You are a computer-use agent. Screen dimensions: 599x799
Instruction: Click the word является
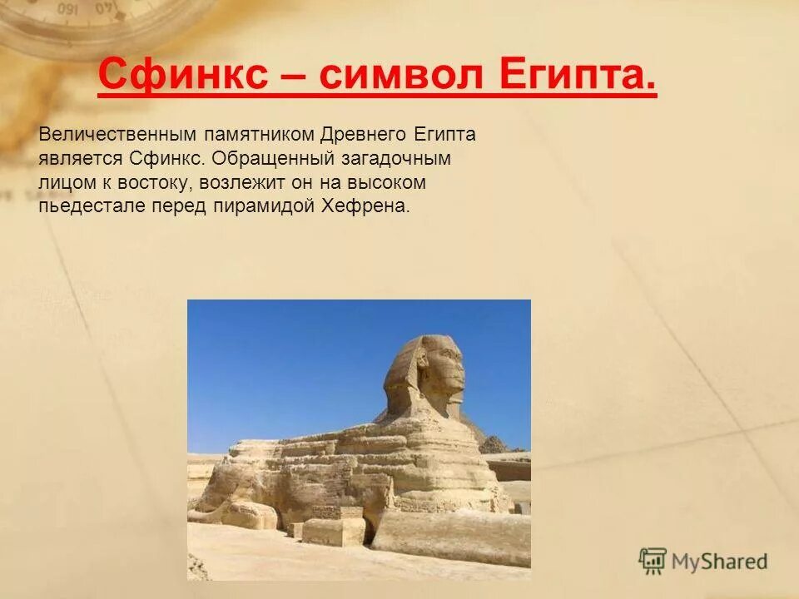pyautogui.click(x=79, y=158)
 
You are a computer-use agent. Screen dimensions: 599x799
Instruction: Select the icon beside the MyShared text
pyautogui.click(x=653, y=562)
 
